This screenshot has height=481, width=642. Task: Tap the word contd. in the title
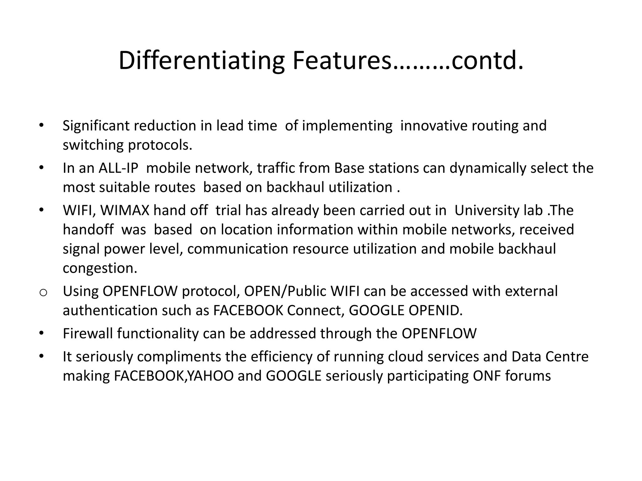point(487,60)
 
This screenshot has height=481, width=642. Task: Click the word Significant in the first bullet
point(96,126)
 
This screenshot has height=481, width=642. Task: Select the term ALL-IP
point(118,168)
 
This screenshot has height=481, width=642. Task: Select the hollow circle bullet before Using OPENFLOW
point(43,292)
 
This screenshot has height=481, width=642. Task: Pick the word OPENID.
point(435,311)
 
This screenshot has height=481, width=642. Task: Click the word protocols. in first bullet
point(160,145)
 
